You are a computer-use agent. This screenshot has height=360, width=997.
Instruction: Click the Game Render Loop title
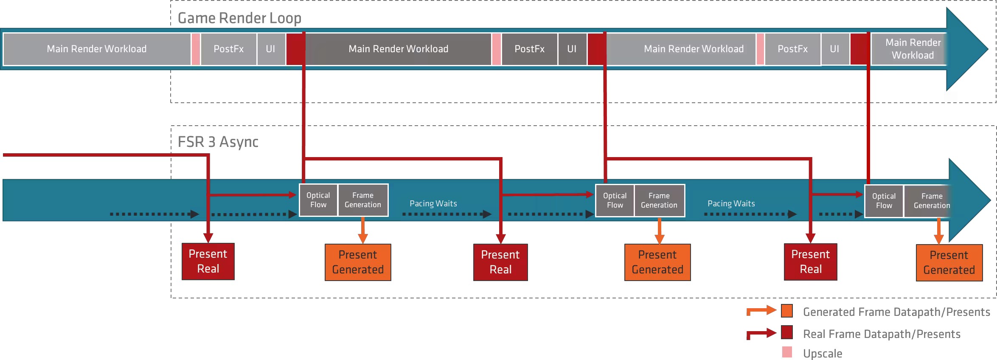click(x=239, y=18)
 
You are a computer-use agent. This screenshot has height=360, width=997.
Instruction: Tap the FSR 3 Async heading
click(x=218, y=142)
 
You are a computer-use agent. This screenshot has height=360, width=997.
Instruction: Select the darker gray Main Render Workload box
click(x=398, y=49)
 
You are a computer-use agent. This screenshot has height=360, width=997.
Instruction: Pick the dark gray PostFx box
click(x=529, y=49)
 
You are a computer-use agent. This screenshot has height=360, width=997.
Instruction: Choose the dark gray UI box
click(x=572, y=49)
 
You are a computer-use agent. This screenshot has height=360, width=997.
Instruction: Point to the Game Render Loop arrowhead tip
click(x=988, y=49)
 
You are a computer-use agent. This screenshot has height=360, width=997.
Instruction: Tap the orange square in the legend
click(x=787, y=311)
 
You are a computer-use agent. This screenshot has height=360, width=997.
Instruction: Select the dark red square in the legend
click(x=787, y=332)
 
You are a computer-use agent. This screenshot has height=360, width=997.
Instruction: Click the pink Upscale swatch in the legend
click(x=787, y=352)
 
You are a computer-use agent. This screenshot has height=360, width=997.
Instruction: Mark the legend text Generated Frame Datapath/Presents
click(x=896, y=312)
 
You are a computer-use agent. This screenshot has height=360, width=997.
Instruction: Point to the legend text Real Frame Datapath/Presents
click(x=882, y=334)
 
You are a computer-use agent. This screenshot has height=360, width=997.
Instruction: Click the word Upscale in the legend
click(x=823, y=353)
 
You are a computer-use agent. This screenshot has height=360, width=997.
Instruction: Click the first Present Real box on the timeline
click(x=208, y=261)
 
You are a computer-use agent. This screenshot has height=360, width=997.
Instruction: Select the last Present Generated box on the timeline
click(x=949, y=262)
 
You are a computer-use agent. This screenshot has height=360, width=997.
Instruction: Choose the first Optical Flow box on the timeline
click(x=318, y=200)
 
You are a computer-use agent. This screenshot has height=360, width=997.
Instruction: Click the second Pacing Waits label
click(x=731, y=203)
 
